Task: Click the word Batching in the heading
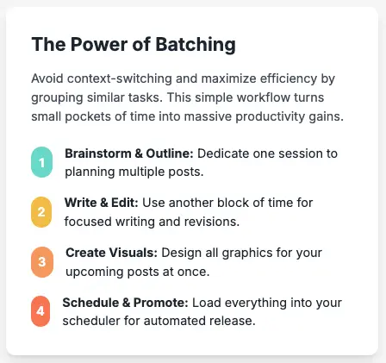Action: click(x=196, y=45)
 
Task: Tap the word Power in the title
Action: click(x=99, y=45)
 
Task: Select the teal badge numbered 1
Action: click(x=42, y=162)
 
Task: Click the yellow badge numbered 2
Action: click(x=41, y=212)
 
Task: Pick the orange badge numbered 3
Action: click(x=42, y=262)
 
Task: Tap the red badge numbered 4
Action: click(x=40, y=311)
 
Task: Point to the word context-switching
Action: click(x=120, y=78)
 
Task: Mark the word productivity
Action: click(x=271, y=117)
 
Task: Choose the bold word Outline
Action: click(x=170, y=153)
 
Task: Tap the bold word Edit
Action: click(x=125, y=203)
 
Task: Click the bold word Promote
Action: click(x=161, y=303)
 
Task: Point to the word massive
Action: click(x=208, y=116)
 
